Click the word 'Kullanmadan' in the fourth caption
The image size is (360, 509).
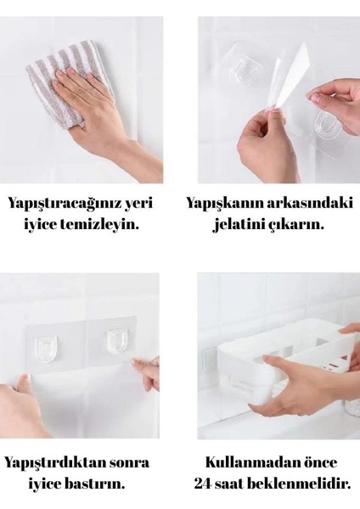point(249,463)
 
